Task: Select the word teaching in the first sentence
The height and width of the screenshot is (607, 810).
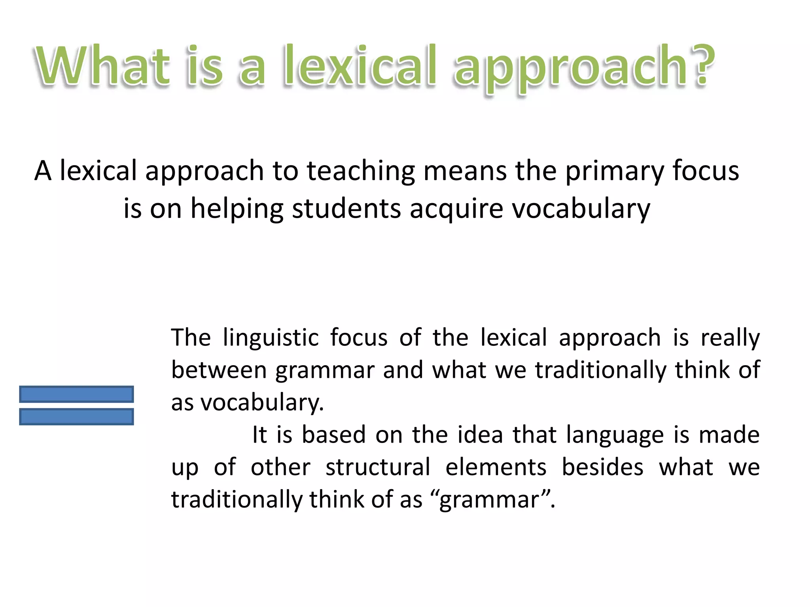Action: [361, 172]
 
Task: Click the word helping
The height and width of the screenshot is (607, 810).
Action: [237, 209]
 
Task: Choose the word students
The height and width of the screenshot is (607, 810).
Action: [346, 209]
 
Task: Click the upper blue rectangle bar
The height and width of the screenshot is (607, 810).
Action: [76, 394]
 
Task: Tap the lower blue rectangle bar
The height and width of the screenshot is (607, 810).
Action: [76, 417]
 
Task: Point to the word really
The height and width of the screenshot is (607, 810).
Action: [730, 338]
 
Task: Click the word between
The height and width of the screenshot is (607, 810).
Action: [219, 371]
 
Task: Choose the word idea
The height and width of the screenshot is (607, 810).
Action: [480, 435]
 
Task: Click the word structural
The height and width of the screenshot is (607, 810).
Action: [378, 468]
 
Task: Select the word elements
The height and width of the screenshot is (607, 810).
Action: [496, 468]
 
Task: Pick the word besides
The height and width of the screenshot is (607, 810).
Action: [602, 468]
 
